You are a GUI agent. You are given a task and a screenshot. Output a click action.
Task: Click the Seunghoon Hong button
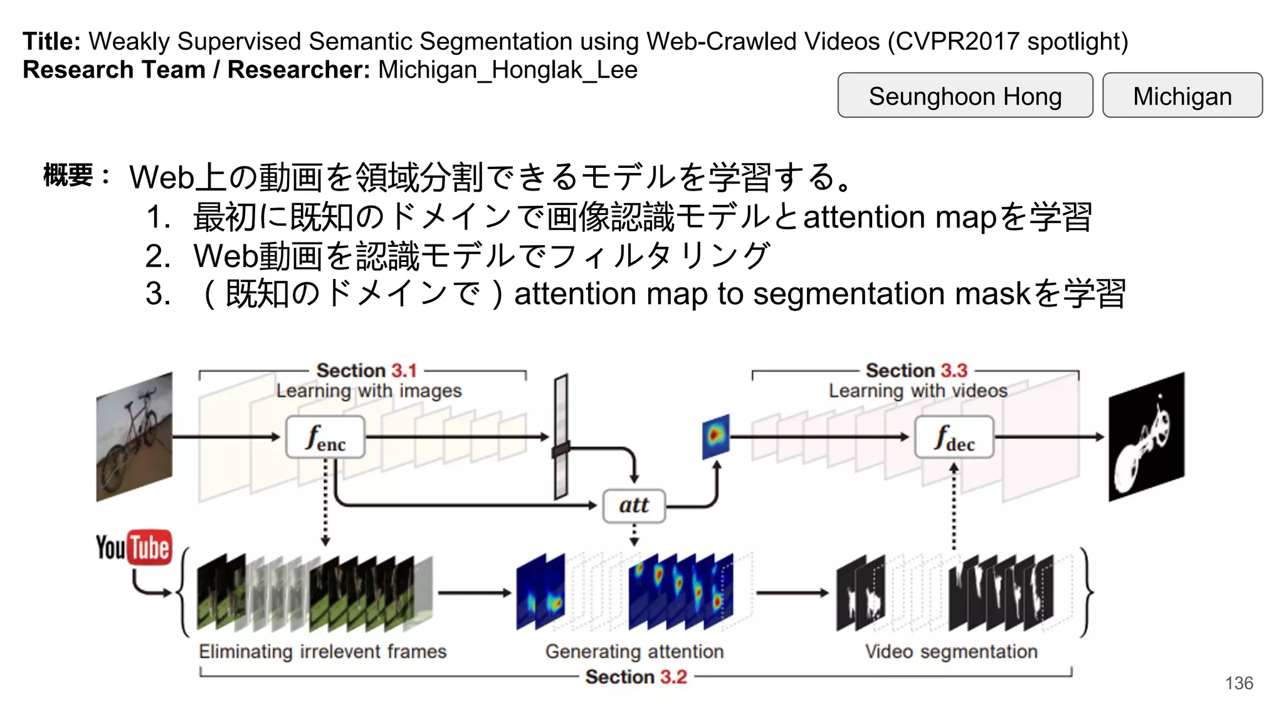click(965, 96)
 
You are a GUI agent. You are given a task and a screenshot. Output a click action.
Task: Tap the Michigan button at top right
click(1182, 96)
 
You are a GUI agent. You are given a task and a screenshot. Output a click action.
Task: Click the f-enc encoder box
click(325, 437)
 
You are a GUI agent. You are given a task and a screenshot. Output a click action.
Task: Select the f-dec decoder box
click(954, 437)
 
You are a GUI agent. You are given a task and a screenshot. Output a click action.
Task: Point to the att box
click(634, 505)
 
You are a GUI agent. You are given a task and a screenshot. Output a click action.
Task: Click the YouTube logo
click(134, 547)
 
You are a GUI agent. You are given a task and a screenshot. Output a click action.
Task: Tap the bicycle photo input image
click(134, 437)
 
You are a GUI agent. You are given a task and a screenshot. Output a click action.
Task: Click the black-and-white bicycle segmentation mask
click(1146, 437)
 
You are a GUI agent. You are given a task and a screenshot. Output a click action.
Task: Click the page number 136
click(1239, 683)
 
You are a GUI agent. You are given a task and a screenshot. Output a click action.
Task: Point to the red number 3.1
click(404, 370)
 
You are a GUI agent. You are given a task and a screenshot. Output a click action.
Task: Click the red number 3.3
click(954, 370)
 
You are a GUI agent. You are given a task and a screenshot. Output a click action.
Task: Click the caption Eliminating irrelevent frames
click(322, 652)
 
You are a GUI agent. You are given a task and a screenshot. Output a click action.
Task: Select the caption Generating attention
click(634, 652)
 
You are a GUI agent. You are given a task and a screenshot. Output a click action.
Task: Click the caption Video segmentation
click(951, 652)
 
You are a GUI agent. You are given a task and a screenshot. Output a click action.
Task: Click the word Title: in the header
click(51, 41)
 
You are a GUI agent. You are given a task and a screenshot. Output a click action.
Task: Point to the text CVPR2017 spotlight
click(1007, 41)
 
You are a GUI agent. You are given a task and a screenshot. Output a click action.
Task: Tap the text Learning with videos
click(918, 391)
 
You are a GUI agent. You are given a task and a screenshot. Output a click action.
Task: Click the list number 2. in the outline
click(158, 256)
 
